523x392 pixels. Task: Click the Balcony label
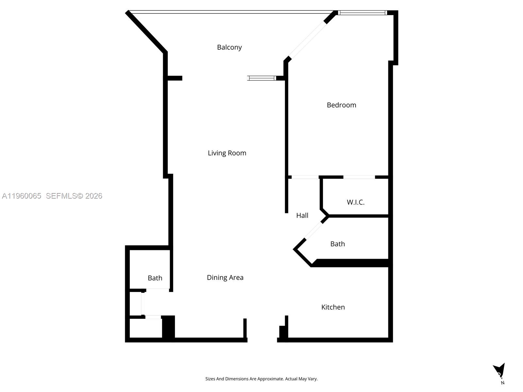point(229,47)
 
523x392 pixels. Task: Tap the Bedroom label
point(341,105)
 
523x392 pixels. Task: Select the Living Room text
point(227,153)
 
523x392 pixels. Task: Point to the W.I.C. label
point(355,202)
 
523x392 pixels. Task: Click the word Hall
point(302,215)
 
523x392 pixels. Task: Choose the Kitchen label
point(333,307)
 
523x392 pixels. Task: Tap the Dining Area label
point(225,277)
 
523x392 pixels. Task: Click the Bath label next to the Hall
point(337,244)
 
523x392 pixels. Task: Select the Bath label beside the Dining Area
point(155,278)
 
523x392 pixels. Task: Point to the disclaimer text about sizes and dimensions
point(261,379)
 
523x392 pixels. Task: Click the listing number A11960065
point(22,196)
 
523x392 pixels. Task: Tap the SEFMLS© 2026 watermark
point(74,196)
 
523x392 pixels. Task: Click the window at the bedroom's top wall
point(362,13)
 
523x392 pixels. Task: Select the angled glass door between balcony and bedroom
point(307,40)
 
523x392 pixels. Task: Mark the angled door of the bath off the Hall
point(313,231)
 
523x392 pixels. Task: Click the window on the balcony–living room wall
point(261,78)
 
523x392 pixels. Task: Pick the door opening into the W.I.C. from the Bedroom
point(359,177)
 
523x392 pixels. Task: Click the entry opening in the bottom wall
point(262,340)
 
